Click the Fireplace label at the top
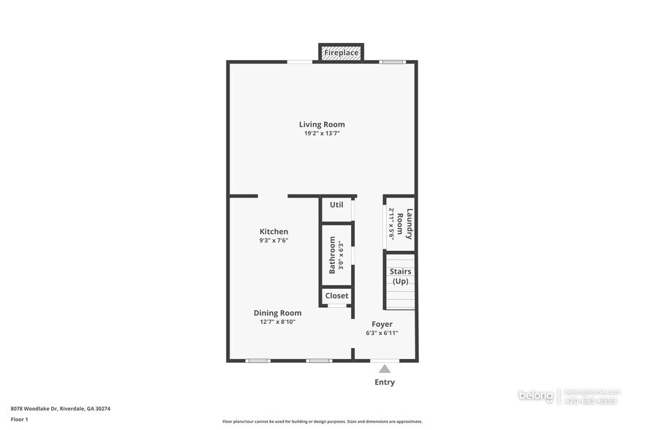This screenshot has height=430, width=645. (341, 53)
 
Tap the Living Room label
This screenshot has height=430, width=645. (322, 124)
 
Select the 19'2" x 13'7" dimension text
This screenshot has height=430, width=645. (322, 134)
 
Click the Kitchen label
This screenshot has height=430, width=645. (274, 231)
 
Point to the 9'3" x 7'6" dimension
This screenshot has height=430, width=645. (274, 241)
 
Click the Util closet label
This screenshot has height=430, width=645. (336, 205)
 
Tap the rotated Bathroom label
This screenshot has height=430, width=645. (332, 254)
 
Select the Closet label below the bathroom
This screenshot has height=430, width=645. (336, 295)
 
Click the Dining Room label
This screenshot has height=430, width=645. (277, 312)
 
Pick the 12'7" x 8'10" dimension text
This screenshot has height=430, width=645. (277, 322)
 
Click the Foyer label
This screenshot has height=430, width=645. (382, 324)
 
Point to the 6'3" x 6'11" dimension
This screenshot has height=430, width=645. (382, 333)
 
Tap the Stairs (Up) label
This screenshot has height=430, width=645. (400, 276)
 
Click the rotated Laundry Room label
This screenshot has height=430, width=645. (410, 224)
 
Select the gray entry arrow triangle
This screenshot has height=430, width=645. (385, 369)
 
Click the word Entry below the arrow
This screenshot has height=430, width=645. (385, 382)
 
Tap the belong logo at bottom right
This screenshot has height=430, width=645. (536, 396)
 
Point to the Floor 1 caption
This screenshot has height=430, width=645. (19, 419)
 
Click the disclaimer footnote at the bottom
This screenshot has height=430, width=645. (322, 421)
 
